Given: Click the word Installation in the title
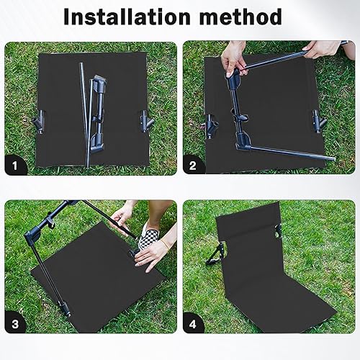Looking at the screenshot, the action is pyautogui.click(x=127, y=17).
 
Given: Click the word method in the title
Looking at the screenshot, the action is pyautogui.click(x=240, y=17).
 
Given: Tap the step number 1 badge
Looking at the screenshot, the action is pyautogui.click(x=15, y=166).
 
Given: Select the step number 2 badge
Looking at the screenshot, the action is pyautogui.click(x=193, y=166).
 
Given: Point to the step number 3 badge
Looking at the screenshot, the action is pyautogui.click(x=15, y=324).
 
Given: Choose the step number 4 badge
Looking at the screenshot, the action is pyautogui.click(x=193, y=324).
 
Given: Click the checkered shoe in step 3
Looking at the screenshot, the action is pyautogui.click(x=147, y=236).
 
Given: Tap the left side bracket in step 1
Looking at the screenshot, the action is pyautogui.click(x=39, y=122).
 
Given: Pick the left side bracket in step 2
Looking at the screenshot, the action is pyautogui.click(x=212, y=126).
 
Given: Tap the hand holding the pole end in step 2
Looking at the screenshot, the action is pyautogui.click(x=323, y=49).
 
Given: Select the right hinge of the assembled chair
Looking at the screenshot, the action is pyautogui.click(x=279, y=231).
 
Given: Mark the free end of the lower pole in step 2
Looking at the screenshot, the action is pyautogui.click(x=333, y=158).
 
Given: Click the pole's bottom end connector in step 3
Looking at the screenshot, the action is pyautogui.click(x=66, y=310).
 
